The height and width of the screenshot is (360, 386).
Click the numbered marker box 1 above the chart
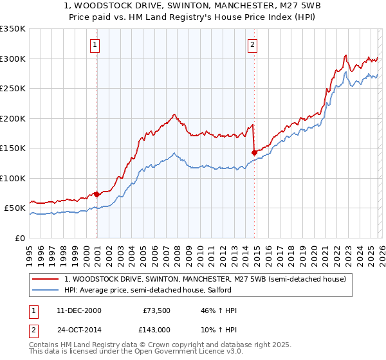tap(95, 44)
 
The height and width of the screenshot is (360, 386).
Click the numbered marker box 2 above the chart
tap(252, 44)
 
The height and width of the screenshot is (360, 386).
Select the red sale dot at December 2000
tap(96, 194)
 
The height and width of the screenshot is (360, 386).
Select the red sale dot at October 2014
tap(254, 152)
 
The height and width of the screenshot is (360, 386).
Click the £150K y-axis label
tap(13, 148)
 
